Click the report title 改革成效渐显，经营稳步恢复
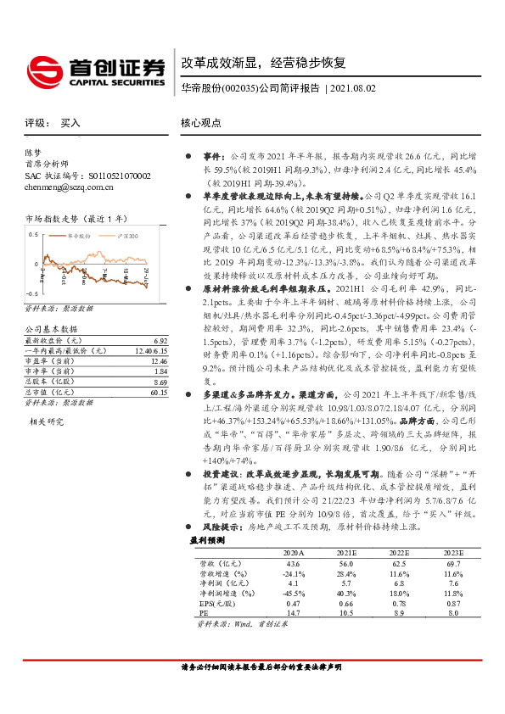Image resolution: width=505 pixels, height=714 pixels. [x=262, y=63]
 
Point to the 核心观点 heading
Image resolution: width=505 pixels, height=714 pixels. [x=200, y=123]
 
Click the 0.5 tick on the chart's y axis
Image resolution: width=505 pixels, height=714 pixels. [x=34, y=231]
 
